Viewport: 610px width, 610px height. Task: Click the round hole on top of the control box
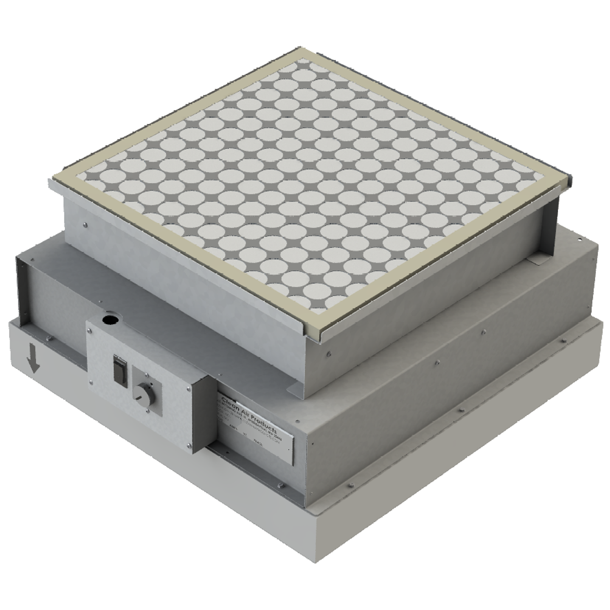[x=110, y=318]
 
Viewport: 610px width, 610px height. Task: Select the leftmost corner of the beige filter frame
[x=51, y=180]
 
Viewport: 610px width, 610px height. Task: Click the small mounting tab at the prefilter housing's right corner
[x=535, y=260]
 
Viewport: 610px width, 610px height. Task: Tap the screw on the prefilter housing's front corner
[x=329, y=354]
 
